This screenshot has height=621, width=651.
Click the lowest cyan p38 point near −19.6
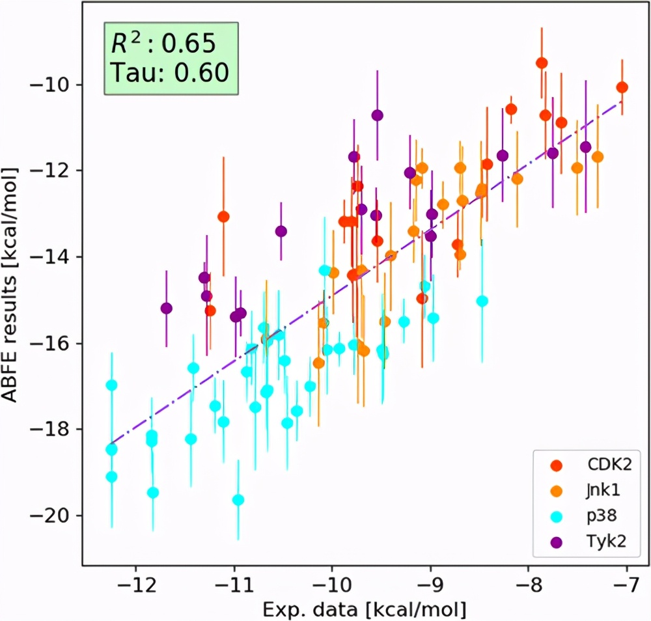pyautogui.click(x=238, y=500)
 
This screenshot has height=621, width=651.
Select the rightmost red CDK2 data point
pyautogui.click(x=622, y=87)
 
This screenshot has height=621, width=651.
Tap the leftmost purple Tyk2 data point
pyautogui.click(x=166, y=308)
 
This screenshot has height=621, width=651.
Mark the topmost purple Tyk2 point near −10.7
pyautogui.click(x=378, y=115)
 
